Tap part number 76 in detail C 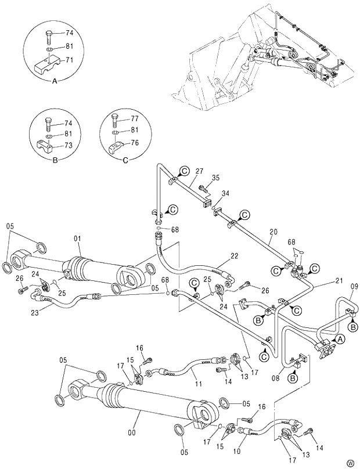[x=134, y=142]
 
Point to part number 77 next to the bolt [x=134, y=118]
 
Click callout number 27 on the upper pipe [x=199, y=171]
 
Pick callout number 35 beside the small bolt [x=215, y=178]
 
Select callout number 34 [x=225, y=193]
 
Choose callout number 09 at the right [x=354, y=286]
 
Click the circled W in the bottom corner [x=350, y=463]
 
